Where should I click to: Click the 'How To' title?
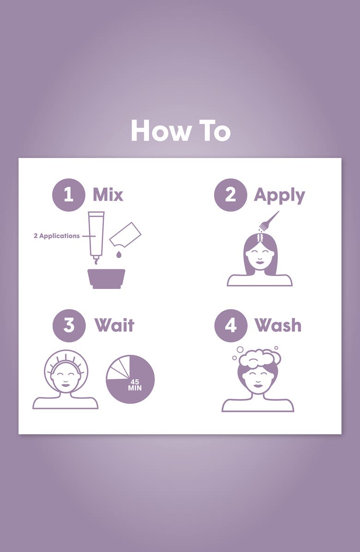tap(180, 131)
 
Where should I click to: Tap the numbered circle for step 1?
tap(69, 195)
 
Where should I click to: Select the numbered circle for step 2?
tap(230, 195)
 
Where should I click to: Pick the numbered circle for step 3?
tap(69, 326)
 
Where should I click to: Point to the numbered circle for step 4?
tap(231, 326)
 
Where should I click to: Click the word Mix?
tap(108, 195)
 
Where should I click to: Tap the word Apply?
tap(279, 196)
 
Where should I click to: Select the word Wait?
tap(114, 325)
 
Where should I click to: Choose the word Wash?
tap(278, 325)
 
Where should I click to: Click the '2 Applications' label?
tap(57, 236)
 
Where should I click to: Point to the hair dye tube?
tap(96, 235)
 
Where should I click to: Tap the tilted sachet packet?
tap(125, 234)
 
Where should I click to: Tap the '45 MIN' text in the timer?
tap(134, 385)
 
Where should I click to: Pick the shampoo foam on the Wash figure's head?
tap(260, 358)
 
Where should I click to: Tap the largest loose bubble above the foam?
tap(240, 349)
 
